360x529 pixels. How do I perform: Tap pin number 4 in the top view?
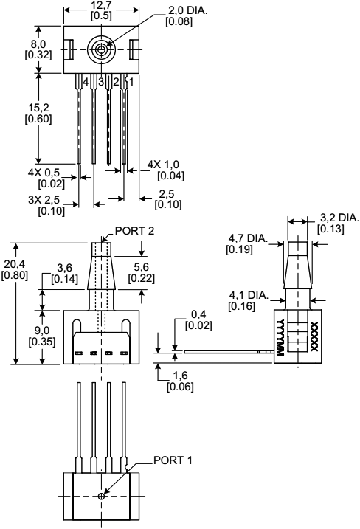[x=86, y=80]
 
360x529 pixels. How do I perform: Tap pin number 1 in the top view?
[x=131, y=80]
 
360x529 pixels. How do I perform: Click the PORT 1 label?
[x=173, y=460]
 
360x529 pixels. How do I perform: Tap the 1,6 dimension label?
[x=181, y=381]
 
